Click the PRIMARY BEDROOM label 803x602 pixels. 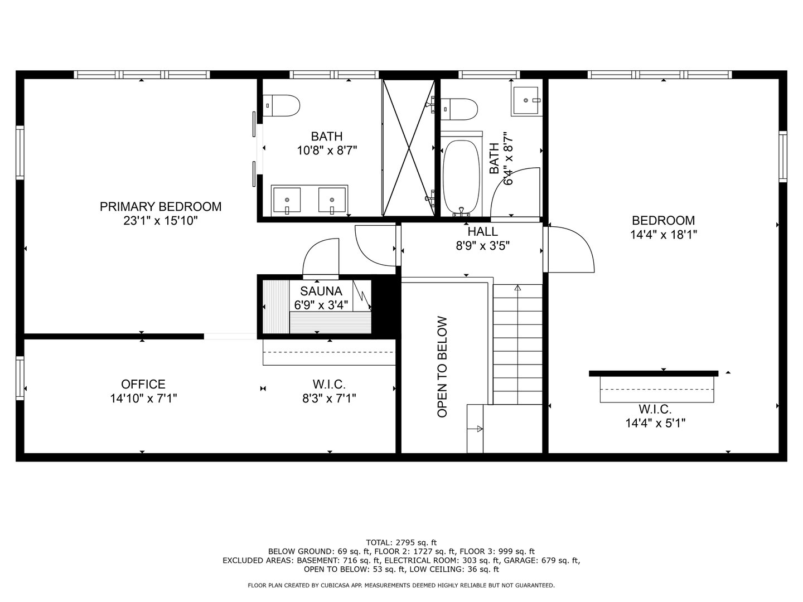click(x=160, y=207)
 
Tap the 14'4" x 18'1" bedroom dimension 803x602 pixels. click(x=664, y=235)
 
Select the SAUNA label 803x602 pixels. click(x=321, y=291)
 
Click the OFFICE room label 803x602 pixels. click(x=143, y=384)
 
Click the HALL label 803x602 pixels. click(x=482, y=231)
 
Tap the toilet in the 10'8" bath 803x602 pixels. click(x=283, y=105)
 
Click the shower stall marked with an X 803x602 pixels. click(x=408, y=147)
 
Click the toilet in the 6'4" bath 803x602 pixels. click(x=461, y=109)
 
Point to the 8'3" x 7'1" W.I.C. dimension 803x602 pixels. click(x=329, y=398)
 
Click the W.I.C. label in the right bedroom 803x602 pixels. click(x=655, y=410)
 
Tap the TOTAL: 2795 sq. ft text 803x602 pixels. click(x=401, y=542)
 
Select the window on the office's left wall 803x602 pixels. click(x=20, y=378)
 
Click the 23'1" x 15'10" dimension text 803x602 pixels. click(x=160, y=221)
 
